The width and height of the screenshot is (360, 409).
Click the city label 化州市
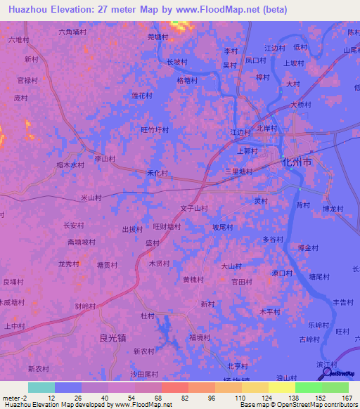[296, 162]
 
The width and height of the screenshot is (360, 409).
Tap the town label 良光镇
[112, 337]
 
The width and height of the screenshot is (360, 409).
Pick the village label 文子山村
[194, 208]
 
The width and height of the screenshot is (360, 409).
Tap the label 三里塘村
[238, 171]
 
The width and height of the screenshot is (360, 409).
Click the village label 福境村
[200, 337]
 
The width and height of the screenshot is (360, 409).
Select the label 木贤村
[158, 264]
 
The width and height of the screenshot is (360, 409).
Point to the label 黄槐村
[193, 279]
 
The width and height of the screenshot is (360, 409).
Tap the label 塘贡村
[107, 265]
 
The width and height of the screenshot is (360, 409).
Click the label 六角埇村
[72, 32]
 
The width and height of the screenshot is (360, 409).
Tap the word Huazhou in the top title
[27, 8]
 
